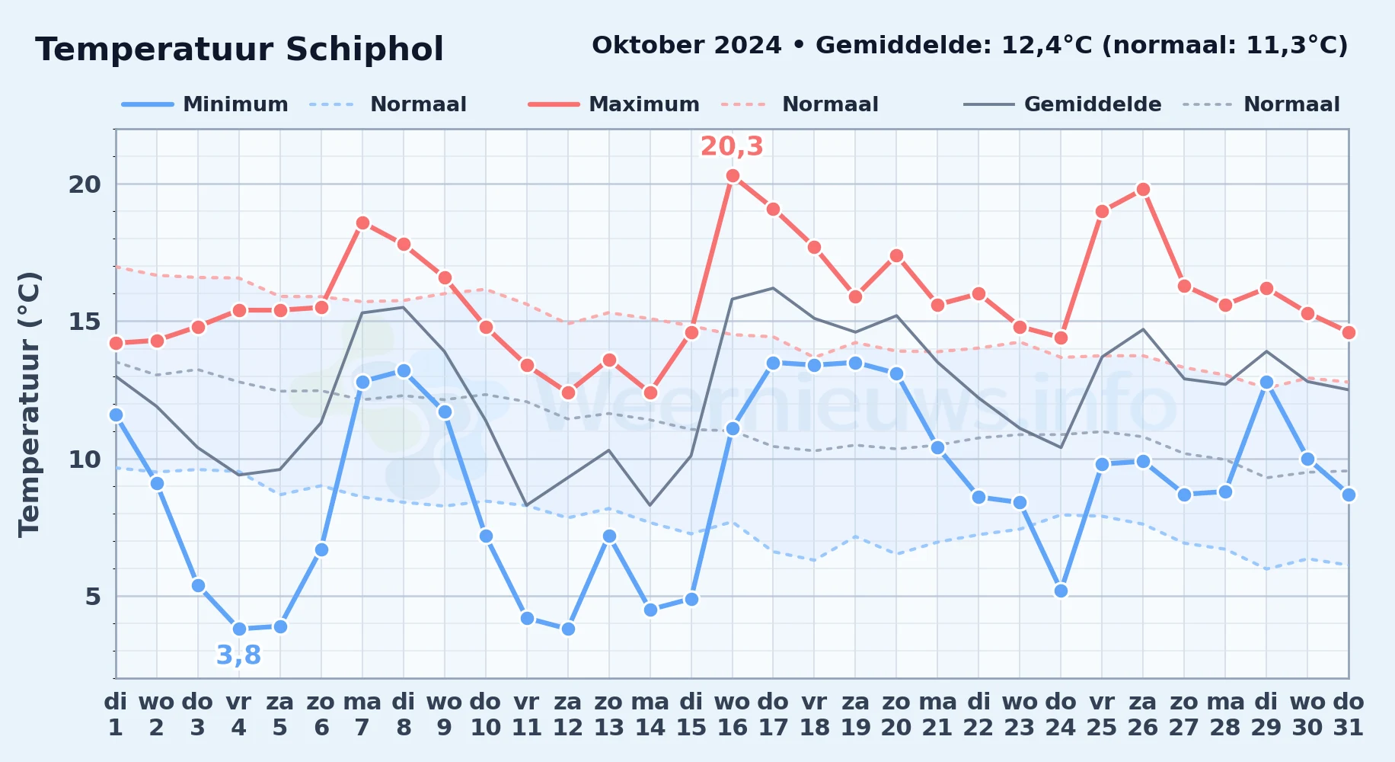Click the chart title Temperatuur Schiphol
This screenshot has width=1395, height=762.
pyautogui.click(x=239, y=50)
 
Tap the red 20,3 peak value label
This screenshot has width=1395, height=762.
pyautogui.click(x=732, y=146)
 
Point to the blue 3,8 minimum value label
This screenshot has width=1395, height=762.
pyautogui.click(x=239, y=655)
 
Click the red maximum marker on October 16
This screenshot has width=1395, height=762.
pyautogui.click(x=733, y=176)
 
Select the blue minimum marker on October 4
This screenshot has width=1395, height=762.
pyautogui.click(x=239, y=629)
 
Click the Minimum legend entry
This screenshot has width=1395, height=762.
pyautogui.click(x=206, y=104)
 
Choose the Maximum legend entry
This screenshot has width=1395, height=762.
pyautogui.click(x=615, y=104)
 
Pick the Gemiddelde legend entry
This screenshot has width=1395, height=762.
pyautogui.click(x=1063, y=104)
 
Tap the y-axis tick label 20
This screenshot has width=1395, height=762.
pyautogui.click(x=85, y=184)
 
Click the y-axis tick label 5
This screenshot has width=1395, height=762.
pyautogui.click(x=93, y=597)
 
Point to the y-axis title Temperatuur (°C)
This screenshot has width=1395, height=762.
pyautogui.click(x=29, y=404)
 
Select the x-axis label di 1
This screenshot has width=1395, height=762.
pyautogui.click(x=116, y=715)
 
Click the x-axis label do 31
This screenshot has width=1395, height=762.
pyautogui.click(x=1349, y=715)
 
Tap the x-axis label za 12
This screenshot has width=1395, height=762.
pyautogui.click(x=568, y=715)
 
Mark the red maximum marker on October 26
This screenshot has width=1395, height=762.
pyautogui.click(x=1143, y=190)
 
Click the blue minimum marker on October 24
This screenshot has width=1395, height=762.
pyautogui.click(x=1061, y=591)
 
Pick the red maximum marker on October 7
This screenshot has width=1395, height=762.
pyautogui.click(x=362, y=223)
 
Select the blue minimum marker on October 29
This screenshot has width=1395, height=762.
pyautogui.click(x=1266, y=382)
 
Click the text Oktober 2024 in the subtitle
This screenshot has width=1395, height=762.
pyautogui.click(x=687, y=46)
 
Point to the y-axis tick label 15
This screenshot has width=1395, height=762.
pyautogui.click(x=85, y=322)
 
